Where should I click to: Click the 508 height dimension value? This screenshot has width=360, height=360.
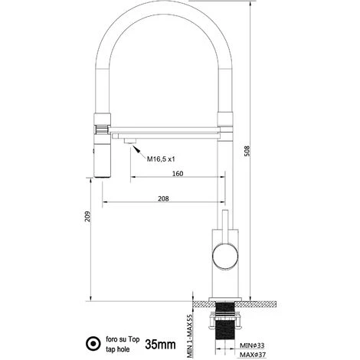point(247,151)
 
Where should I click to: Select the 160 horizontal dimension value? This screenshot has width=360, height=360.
point(178,174)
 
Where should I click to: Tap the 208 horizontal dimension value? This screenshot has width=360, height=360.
point(163,198)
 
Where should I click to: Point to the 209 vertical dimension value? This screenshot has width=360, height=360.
point(87,216)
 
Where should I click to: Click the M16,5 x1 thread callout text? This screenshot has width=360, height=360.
point(161,159)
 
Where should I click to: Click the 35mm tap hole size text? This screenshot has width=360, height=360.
point(160,345)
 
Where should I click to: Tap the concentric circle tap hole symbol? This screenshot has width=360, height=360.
point(93,343)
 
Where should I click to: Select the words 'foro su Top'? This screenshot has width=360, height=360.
point(123,339)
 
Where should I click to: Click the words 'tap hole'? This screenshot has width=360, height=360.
point(118,349)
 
